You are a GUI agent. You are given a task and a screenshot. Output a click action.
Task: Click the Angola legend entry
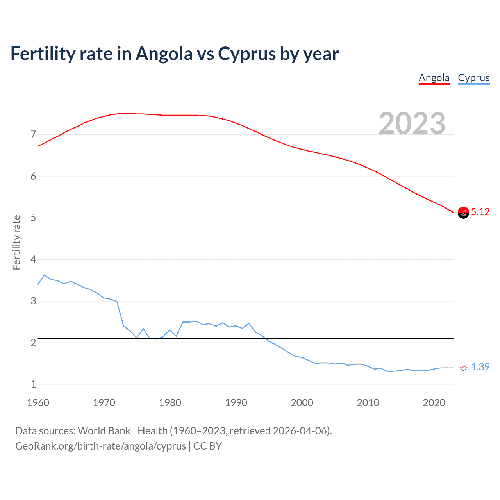(x=434, y=78)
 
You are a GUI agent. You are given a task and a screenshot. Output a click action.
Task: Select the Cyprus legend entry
(x=473, y=78)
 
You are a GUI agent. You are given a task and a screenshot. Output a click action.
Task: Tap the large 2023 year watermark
(x=412, y=123)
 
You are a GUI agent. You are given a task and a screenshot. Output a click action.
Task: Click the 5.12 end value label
(x=480, y=212)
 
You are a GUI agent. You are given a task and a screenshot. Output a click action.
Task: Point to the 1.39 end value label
(x=480, y=367)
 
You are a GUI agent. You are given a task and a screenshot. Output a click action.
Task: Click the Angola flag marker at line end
(x=463, y=212)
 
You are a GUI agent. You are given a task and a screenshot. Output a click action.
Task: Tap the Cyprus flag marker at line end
(x=463, y=368)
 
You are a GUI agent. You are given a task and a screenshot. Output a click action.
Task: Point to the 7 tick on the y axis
(x=33, y=135)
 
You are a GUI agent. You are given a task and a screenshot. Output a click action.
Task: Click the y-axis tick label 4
(x=33, y=259)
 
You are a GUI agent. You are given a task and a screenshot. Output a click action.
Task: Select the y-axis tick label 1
(x=33, y=384)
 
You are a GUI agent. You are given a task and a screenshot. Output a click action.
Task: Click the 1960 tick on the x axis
(x=38, y=403)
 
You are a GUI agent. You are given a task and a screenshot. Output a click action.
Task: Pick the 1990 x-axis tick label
(x=236, y=403)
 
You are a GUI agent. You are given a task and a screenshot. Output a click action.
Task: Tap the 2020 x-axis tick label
(x=434, y=403)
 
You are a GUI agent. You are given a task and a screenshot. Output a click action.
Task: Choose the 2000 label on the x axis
(x=302, y=403)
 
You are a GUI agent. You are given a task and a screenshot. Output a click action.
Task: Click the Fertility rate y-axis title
(x=16, y=242)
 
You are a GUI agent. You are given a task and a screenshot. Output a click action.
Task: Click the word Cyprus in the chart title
(x=247, y=54)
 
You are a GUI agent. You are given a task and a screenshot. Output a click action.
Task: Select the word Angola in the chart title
(x=164, y=54)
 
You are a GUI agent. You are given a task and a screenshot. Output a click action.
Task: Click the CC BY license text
(x=207, y=446)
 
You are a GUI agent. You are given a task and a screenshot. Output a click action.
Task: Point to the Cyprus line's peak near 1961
(x=44, y=275)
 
